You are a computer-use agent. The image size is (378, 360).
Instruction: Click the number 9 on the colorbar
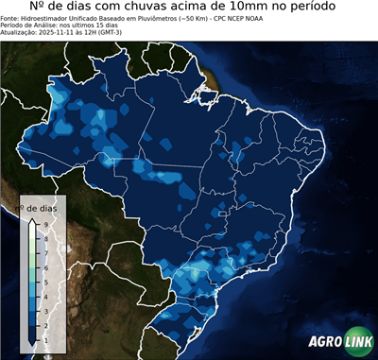pyautogui.click(x=45, y=224)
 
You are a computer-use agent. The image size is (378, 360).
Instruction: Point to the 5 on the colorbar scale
pyautogui.click(x=45, y=282)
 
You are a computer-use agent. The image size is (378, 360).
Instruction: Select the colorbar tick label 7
pyautogui.click(x=45, y=252)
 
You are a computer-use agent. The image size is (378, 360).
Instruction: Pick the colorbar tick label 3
pyautogui.click(x=45, y=310)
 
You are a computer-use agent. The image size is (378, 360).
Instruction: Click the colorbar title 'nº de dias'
pyautogui.click(x=42, y=207)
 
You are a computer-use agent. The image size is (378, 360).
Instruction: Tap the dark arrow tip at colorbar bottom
pyautogui.click(x=32, y=341)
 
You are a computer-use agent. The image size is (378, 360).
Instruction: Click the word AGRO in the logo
pyautogui.click(x=324, y=342)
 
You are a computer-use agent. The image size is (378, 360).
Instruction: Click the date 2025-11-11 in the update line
pyautogui.click(x=59, y=31)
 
